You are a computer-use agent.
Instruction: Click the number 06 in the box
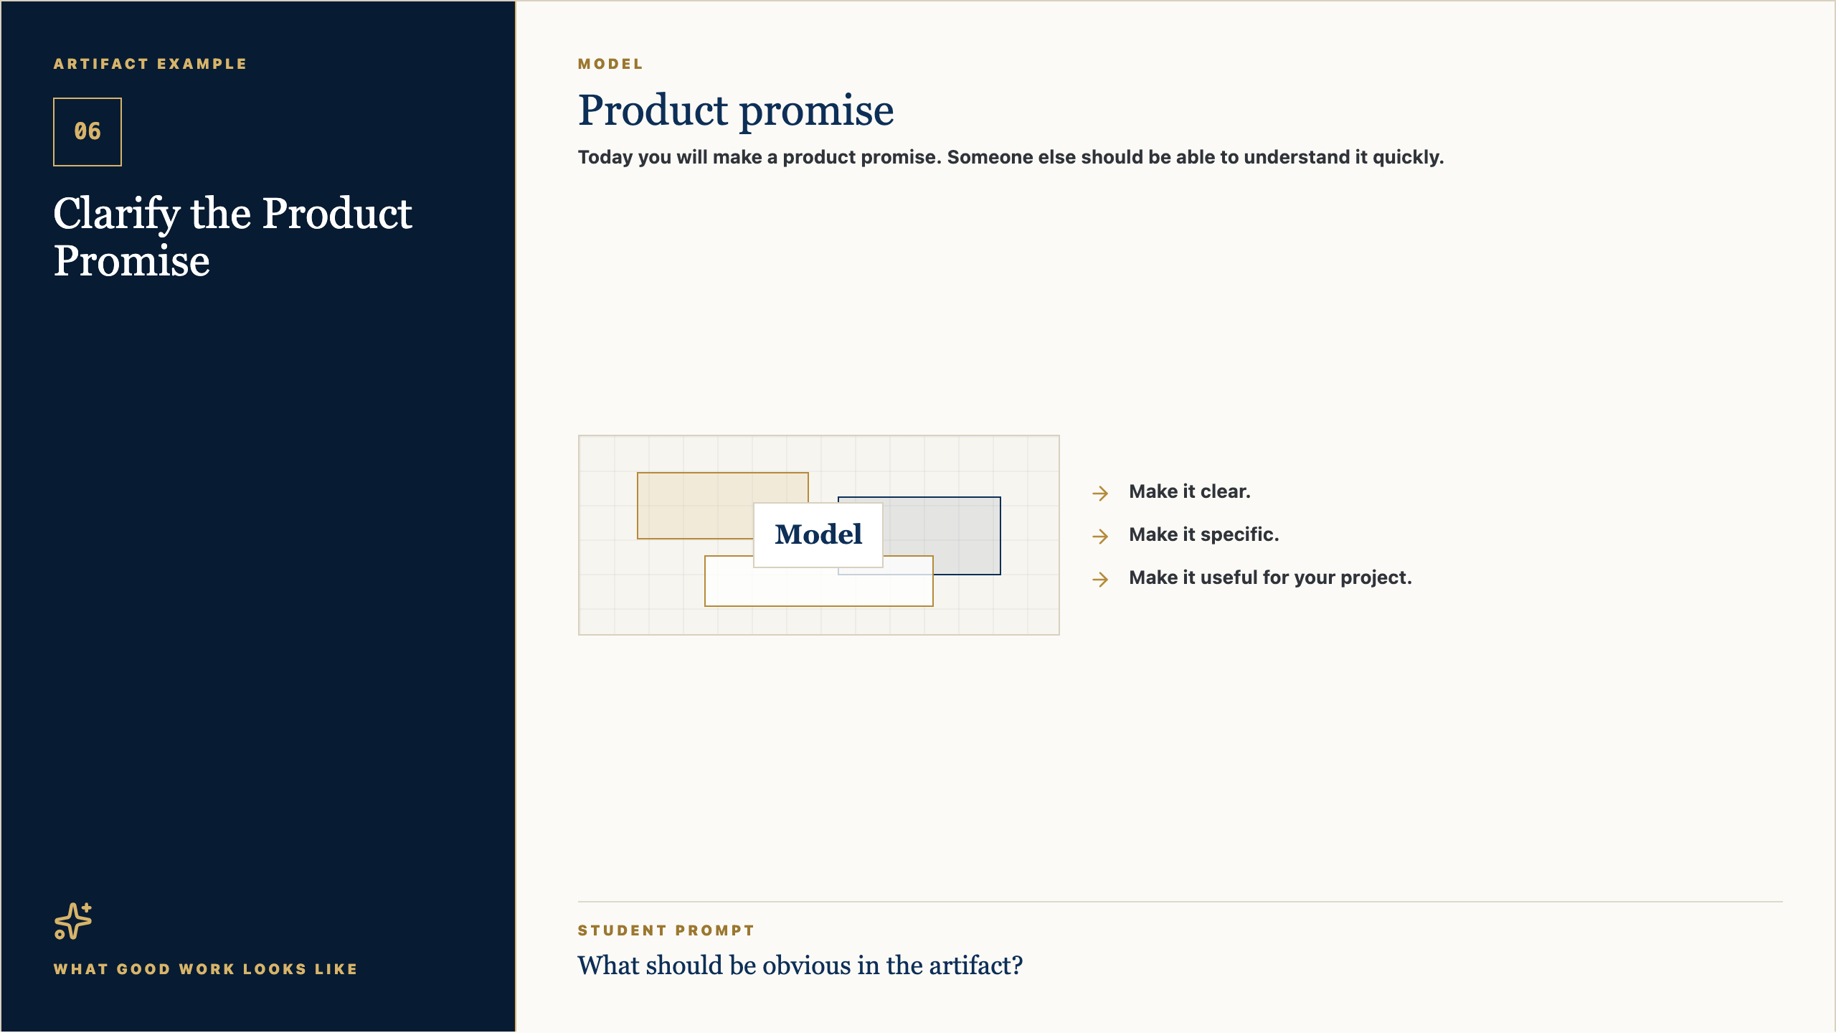[87, 131]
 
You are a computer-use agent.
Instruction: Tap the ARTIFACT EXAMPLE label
[150, 64]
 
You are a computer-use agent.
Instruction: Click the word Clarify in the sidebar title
[117, 214]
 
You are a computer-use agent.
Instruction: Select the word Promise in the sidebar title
[132, 260]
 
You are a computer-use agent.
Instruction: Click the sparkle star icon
[73, 921]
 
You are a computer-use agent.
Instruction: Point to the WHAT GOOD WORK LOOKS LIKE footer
[206, 969]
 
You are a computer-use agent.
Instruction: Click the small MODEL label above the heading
[610, 64]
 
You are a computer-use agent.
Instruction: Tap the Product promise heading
[736, 110]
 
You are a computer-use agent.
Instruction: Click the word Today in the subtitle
[605, 157]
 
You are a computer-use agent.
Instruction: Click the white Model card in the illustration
[818, 534]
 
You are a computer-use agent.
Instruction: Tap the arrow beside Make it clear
[1100, 493]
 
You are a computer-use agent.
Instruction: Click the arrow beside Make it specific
[1100, 536]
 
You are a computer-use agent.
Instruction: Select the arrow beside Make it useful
[1100, 579]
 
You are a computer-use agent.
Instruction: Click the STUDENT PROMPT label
[666, 930]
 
